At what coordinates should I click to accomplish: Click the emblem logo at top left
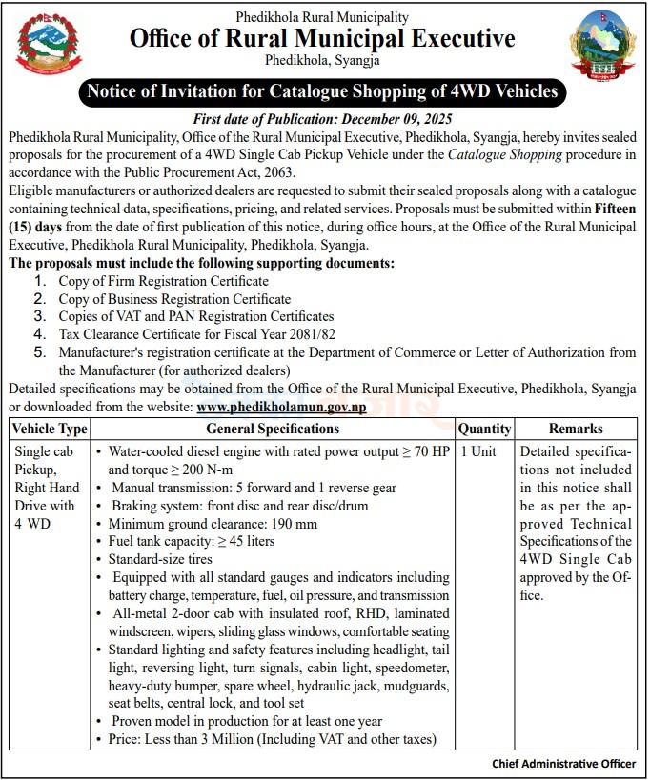(x=49, y=44)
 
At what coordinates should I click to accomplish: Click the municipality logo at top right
(x=601, y=45)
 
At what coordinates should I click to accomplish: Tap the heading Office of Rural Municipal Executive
(x=322, y=39)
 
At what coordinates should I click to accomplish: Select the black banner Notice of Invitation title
(x=322, y=92)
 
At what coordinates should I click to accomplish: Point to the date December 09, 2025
(x=398, y=119)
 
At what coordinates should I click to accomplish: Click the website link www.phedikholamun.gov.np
(x=281, y=407)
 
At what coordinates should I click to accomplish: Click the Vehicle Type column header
(x=50, y=429)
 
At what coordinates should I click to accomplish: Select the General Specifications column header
(x=273, y=429)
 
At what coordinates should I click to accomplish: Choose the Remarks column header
(x=576, y=429)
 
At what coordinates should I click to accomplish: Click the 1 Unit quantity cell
(x=478, y=451)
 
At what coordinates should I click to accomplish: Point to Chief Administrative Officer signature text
(x=563, y=763)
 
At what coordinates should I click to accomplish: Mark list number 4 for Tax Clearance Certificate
(x=39, y=334)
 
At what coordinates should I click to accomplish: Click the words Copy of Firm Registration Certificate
(x=163, y=281)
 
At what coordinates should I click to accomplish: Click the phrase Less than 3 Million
(x=209, y=739)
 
